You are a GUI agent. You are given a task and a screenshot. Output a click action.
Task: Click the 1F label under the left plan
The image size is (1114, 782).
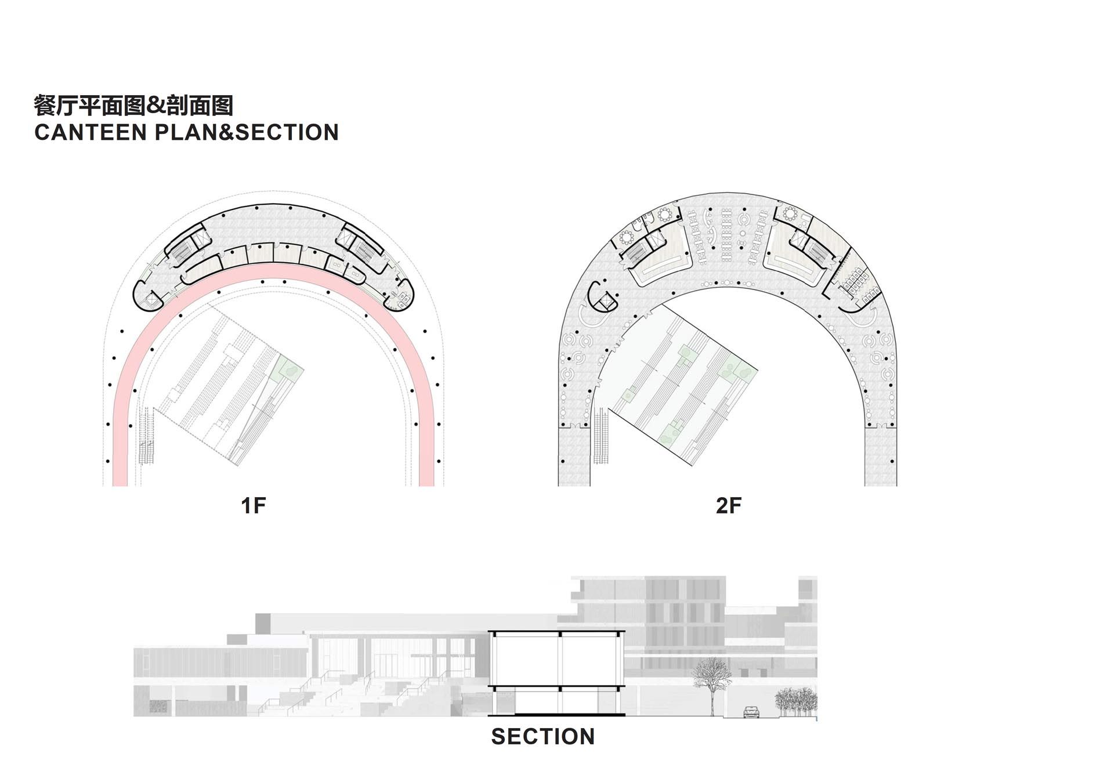point(253,505)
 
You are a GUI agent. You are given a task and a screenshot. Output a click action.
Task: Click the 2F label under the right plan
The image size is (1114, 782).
point(728,505)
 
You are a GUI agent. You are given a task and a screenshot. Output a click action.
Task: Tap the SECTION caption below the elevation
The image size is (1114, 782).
point(542,737)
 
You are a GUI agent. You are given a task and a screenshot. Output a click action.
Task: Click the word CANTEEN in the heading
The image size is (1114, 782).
point(91,132)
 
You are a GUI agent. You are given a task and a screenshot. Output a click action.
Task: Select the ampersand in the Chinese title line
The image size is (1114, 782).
point(155,106)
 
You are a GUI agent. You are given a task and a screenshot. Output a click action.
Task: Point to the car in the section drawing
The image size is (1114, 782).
point(751,711)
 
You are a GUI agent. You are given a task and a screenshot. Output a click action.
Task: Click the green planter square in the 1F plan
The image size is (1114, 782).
point(288,367)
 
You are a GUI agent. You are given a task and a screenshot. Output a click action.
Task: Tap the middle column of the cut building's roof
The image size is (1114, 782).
point(560,634)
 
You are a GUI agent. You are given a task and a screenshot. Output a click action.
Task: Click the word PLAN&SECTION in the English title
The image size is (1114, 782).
point(247,132)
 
